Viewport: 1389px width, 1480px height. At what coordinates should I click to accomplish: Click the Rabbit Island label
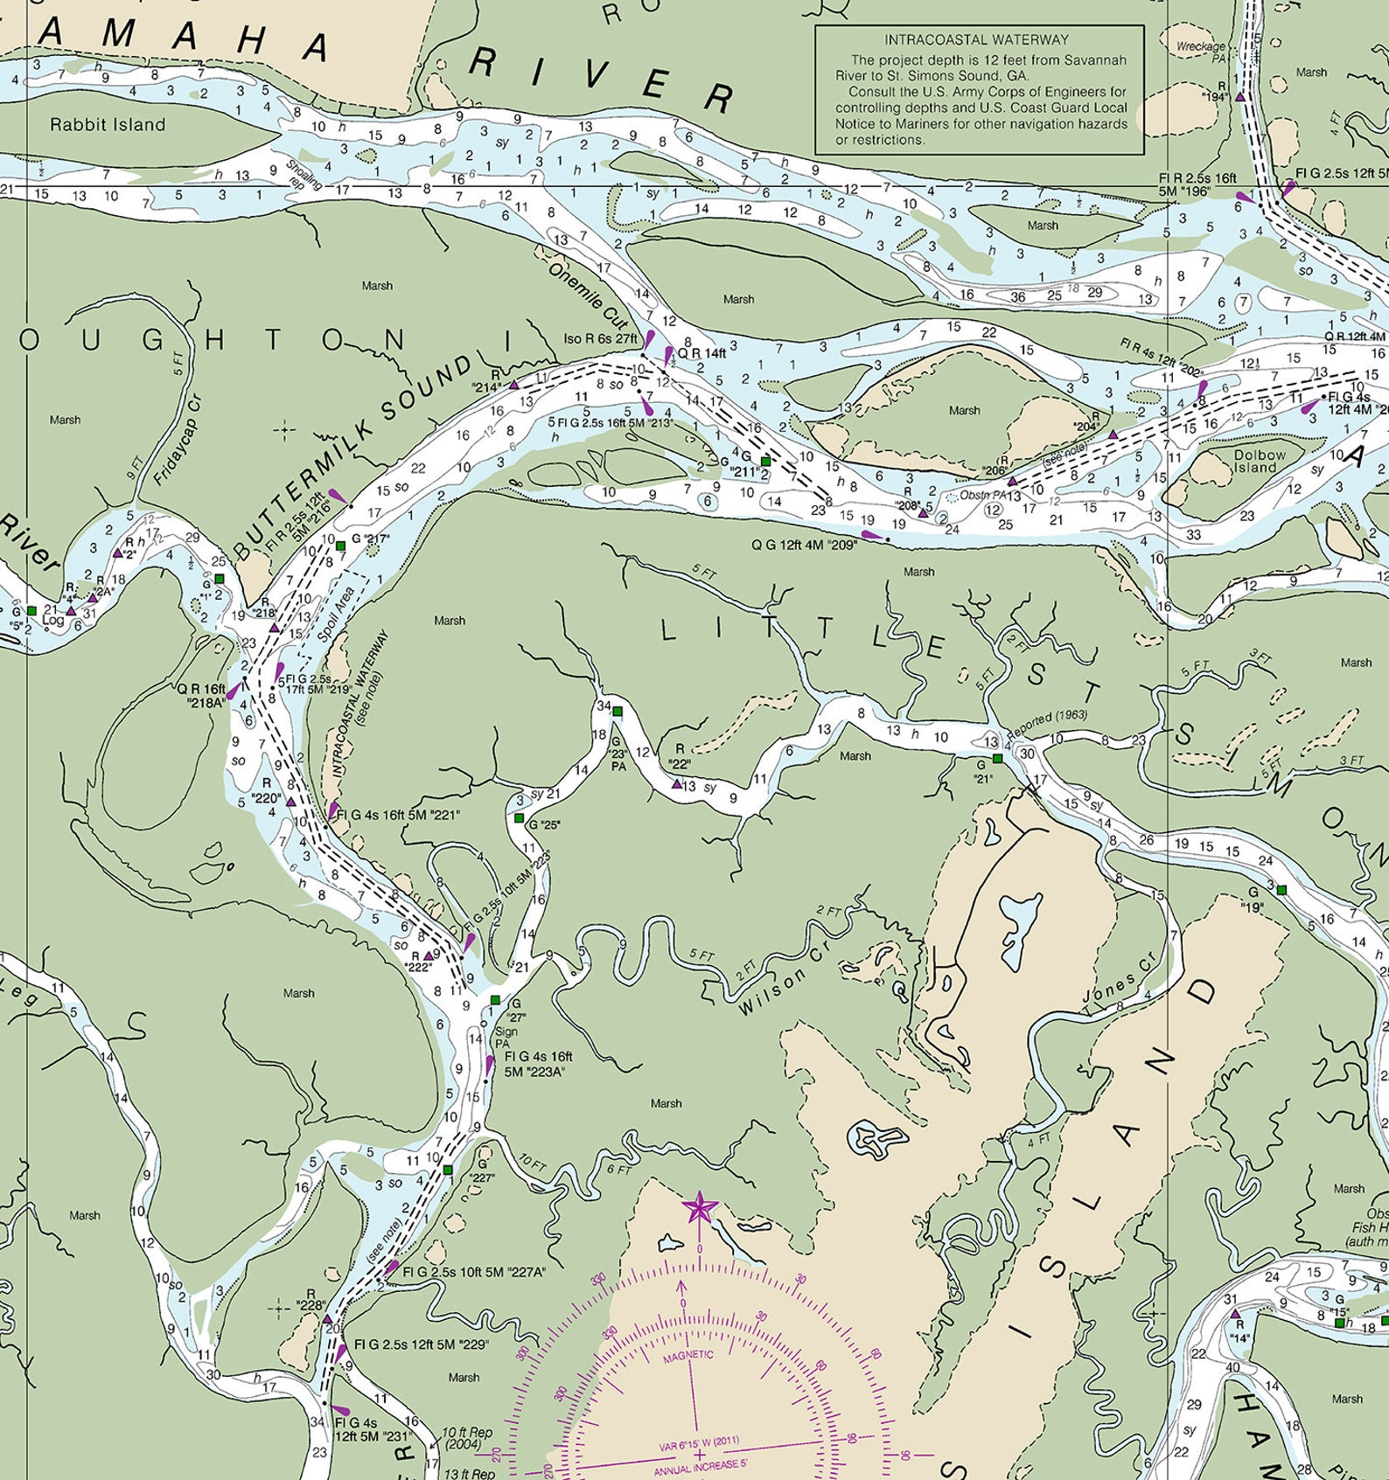[x=108, y=124]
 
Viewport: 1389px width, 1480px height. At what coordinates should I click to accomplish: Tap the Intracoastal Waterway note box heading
[x=976, y=40]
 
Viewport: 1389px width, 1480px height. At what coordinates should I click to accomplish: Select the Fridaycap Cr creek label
[x=177, y=441]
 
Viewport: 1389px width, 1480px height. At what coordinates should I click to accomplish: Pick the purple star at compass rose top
[x=699, y=1209]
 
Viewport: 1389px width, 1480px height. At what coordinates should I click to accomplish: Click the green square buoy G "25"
[x=520, y=818]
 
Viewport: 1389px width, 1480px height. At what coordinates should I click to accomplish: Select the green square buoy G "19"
[x=1281, y=890]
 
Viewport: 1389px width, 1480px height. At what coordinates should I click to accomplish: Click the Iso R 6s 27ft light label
[x=600, y=338]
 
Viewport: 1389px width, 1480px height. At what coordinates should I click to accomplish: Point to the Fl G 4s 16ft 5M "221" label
[x=398, y=815]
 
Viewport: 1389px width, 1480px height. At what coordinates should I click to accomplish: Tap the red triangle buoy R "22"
[x=677, y=784]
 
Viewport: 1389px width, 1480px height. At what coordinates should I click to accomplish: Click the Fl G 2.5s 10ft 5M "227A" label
[x=473, y=1272]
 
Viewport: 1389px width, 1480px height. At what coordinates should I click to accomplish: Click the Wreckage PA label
[x=1200, y=52]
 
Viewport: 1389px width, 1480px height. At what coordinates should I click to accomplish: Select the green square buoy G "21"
[x=997, y=758]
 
